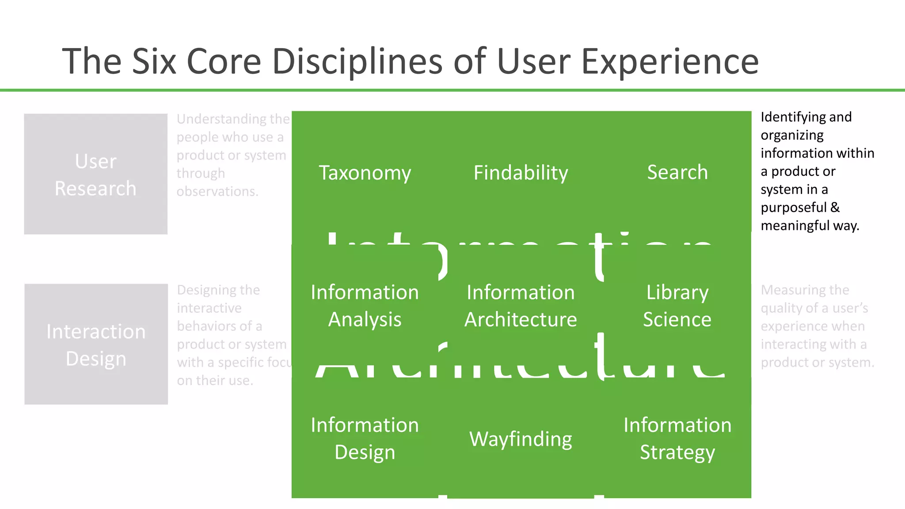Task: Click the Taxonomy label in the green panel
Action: point(365,173)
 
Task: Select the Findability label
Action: point(521,173)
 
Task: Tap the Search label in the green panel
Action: point(677,172)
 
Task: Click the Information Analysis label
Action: point(365,306)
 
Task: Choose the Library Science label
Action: point(677,306)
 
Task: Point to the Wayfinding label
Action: point(521,439)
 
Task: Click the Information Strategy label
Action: point(677,438)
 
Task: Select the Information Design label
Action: point(365,438)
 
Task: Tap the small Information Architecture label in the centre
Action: point(521,306)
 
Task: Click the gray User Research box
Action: point(95,174)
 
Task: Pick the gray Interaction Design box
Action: point(96,344)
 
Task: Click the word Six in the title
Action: point(154,61)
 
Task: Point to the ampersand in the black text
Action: point(835,207)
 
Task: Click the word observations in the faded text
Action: point(217,191)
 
